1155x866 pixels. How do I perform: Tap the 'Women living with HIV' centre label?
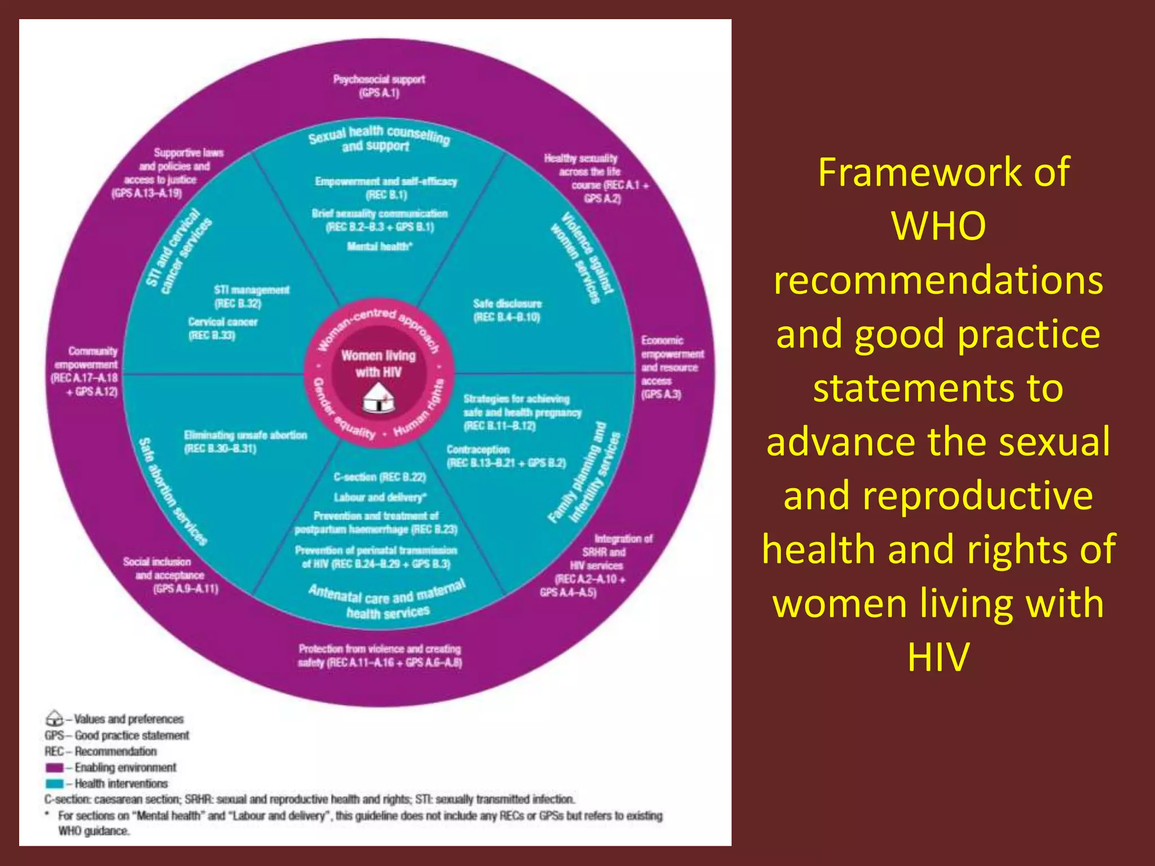pyautogui.click(x=378, y=364)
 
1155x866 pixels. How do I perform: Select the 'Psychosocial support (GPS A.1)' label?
pyautogui.click(x=378, y=86)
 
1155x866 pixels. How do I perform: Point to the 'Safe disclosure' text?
pyautogui.click(x=507, y=304)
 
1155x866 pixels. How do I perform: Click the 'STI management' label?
pyautogui.click(x=252, y=290)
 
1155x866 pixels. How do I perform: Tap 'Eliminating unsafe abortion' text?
pyautogui.click(x=245, y=435)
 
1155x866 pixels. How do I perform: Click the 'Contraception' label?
pyautogui.click(x=478, y=449)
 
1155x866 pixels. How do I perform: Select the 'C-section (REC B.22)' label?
pyautogui.click(x=380, y=477)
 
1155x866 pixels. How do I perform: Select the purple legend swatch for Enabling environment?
pyautogui.click(x=55, y=767)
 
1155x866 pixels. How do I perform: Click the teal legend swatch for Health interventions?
pyautogui.click(x=55, y=783)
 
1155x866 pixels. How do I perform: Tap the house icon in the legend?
pyautogui.click(x=54, y=718)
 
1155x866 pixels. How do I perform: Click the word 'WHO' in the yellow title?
pyautogui.click(x=938, y=226)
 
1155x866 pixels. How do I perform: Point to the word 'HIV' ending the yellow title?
pyautogui.click(x=938, y=657)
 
